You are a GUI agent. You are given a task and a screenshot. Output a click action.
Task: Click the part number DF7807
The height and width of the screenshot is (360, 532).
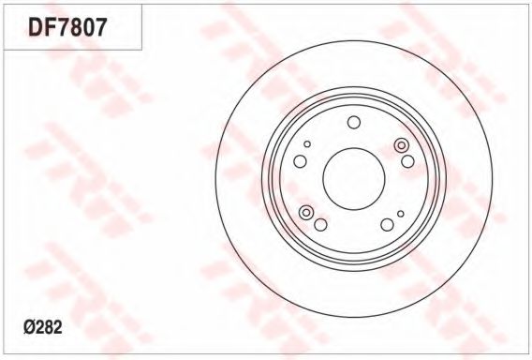pos(67,27)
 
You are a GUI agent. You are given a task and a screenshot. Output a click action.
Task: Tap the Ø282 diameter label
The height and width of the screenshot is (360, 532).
pos(43,328)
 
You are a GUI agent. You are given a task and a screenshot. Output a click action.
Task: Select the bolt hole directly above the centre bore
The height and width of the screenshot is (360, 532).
pos(354,122)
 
